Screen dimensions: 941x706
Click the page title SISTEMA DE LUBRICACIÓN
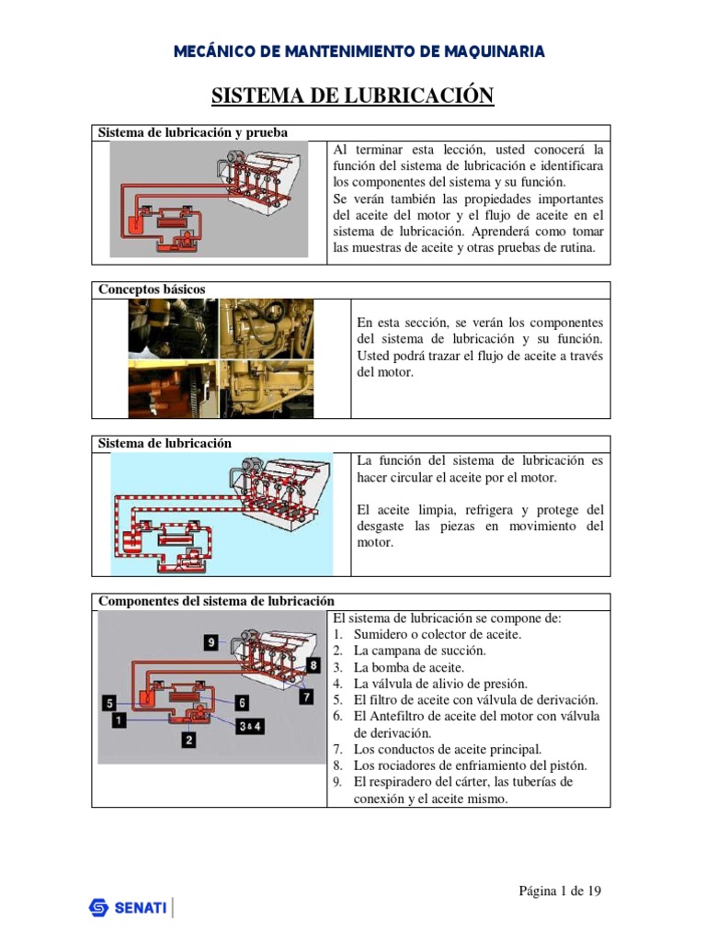pyautogui.click(x=353, y=96)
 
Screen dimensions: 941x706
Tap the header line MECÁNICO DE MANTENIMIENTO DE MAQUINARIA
pyautogui.click(x=359, y=51)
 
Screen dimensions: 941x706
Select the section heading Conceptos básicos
pyautogui.click(x=153, y=289)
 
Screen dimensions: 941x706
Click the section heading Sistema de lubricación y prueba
pyautogui.click(x=193, y=132)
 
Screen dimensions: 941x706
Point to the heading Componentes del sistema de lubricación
pyautogui.click(x=216, y=601)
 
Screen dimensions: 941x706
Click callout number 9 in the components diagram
pyautogui.click(x=211, y=642)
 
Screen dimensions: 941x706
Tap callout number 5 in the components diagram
pyautogui.click(x=109, y=704)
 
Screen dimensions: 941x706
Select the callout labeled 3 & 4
pyautogui.click(x=250, y=726)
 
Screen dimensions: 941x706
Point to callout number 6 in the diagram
pyautogui.click(x=242, y=703)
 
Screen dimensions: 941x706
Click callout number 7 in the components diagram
pyautogui.click(x=306, y=697)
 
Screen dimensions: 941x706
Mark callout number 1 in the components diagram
pyautogui.click(x=119, y=721)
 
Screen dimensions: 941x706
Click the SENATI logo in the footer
pyautogui.click(x=128, y=908)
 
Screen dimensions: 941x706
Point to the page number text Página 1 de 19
pyautogui.click(x=561, y=890)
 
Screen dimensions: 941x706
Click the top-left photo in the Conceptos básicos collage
pyautogui.click(x=173, y=328)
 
